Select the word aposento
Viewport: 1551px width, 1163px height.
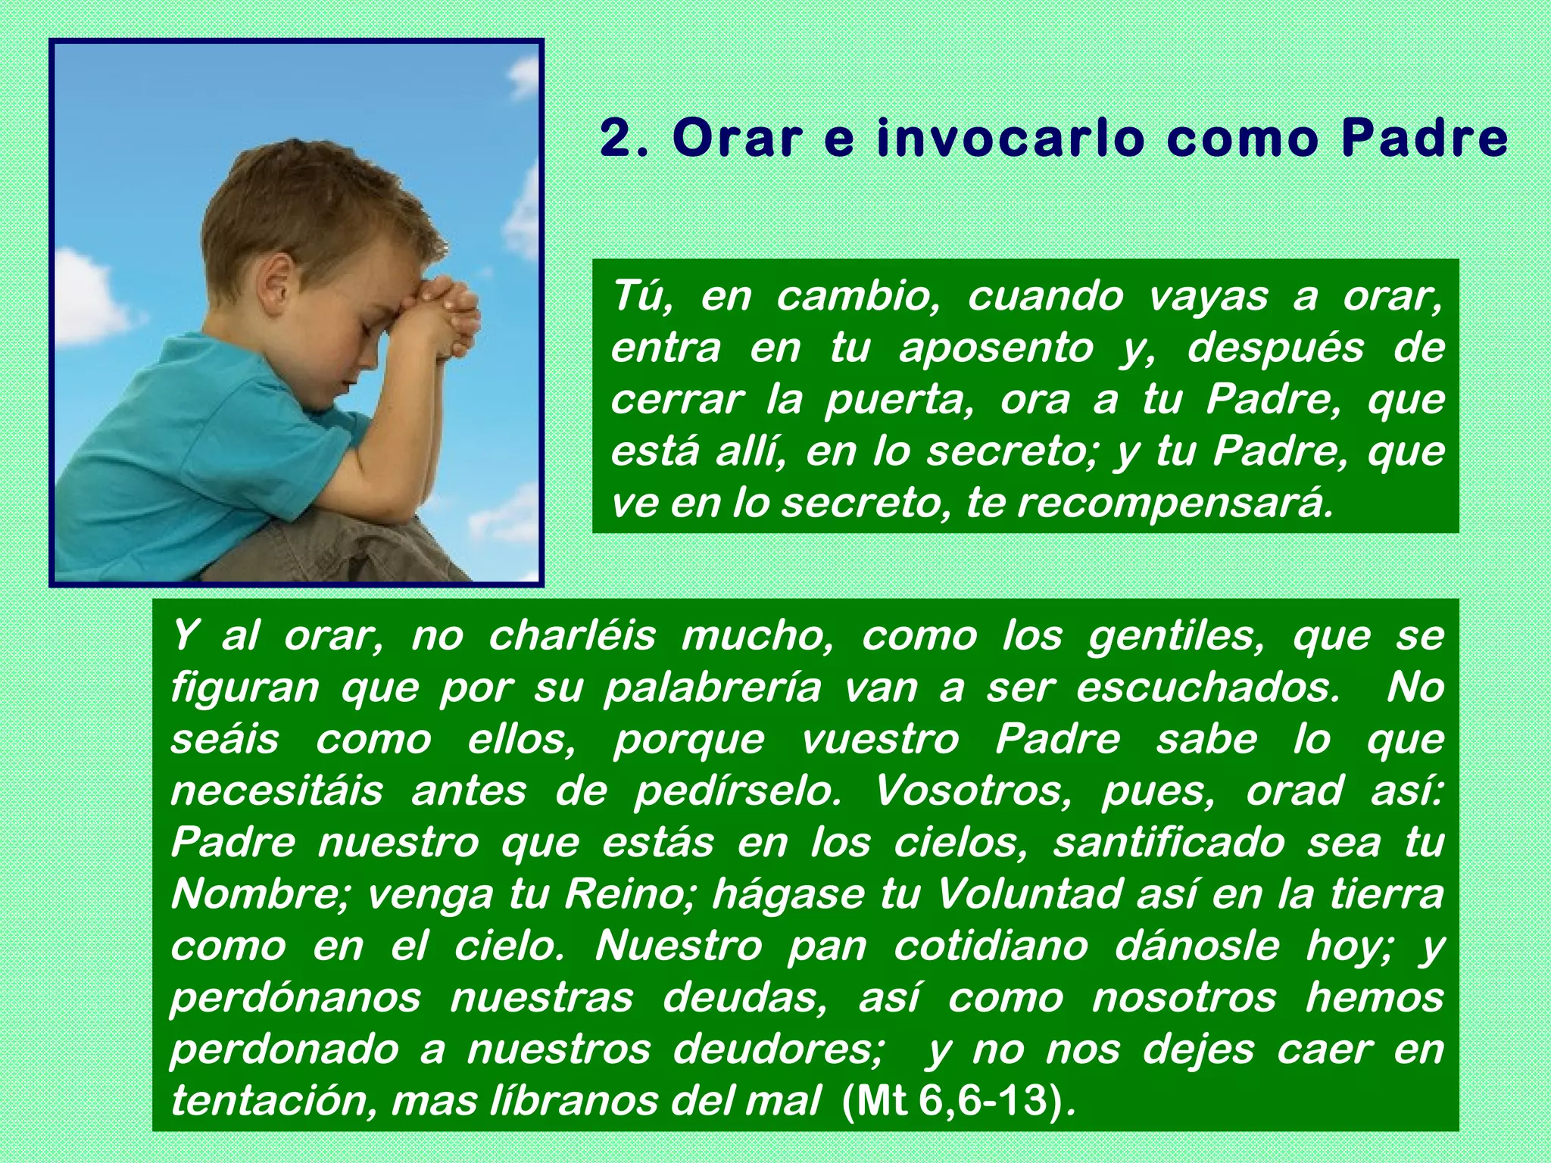coord(996,348)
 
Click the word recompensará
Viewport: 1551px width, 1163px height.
coord(1174,504)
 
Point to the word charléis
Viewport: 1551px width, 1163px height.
coord(572,636)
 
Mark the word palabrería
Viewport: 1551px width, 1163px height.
coord(712,688)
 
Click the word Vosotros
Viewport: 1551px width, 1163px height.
coord(973,791)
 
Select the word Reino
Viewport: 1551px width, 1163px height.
coord(632,894)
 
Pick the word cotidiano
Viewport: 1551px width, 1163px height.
coord(991,946)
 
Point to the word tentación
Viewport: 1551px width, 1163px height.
coord(272,1101)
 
